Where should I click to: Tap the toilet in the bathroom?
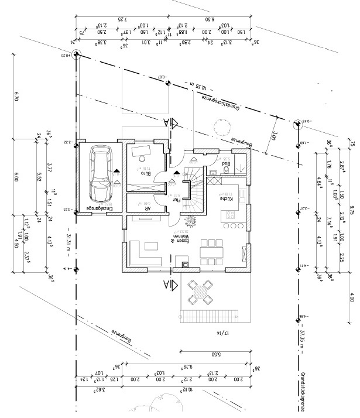pyautogui.click(x=225, y=172)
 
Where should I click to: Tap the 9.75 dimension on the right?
pyautogui.click(x=352, y=210)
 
